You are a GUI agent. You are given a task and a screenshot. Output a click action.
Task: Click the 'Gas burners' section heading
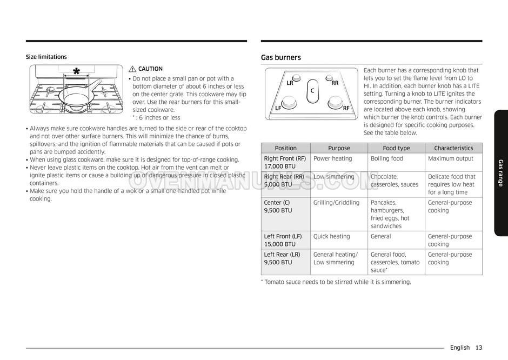click(x=281, y=57)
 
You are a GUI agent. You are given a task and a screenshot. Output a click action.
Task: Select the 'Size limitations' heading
click(x=46, y=57)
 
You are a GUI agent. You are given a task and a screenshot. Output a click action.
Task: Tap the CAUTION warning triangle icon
click(x=133, y=69)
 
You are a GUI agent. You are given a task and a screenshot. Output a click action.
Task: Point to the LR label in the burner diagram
click(x=290, y=83)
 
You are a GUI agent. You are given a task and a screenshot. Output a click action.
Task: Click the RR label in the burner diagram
click(x=335, y=83)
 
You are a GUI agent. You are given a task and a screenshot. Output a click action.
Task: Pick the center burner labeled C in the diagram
click(x=312, y=91)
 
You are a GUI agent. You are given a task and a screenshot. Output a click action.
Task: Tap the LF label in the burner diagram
click(x=278, y=108)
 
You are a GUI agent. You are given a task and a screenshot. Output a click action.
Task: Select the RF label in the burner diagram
click(x=346, y=108)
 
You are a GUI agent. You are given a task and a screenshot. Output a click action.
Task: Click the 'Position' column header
click(x=285, y=148)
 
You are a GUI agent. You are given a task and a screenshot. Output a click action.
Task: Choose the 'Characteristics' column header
click(x=453, y=148)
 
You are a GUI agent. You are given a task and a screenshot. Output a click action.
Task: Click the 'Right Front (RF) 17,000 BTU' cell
click(x=285, y=162)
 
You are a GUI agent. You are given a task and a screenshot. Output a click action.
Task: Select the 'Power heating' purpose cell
click(x=332, y=159)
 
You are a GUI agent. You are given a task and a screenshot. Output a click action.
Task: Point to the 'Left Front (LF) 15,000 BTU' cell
click(x=284, y=240)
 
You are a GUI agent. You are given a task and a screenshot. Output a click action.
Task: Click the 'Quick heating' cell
click(x=331, y=236)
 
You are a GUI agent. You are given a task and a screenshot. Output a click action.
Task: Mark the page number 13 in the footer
click(x=479, y=348)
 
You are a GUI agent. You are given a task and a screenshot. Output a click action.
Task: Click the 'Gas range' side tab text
click(x=500, y=173)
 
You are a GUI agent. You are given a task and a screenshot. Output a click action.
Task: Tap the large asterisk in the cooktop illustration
click(x=76, y=72)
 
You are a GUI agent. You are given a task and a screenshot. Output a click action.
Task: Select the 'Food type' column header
click(x=396, y=148)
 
